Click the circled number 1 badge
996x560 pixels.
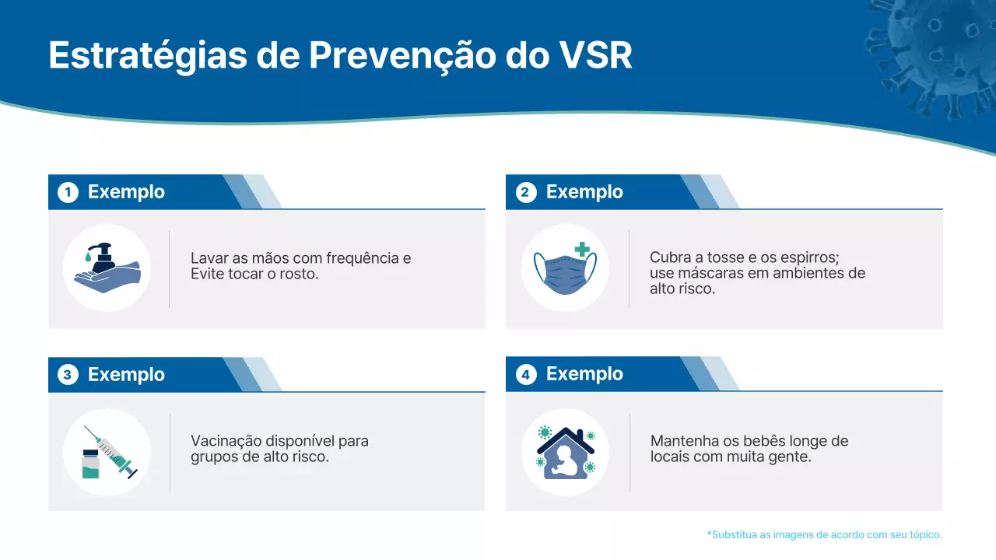(68, 192)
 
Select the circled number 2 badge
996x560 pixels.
(526, 192)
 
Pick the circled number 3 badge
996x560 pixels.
(68, 375)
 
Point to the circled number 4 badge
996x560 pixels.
(526, 375)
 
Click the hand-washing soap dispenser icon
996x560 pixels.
(107, 268)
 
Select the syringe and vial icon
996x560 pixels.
(107, 452)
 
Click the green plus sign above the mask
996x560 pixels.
(582, 250)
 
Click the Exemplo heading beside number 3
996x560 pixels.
(126, 375)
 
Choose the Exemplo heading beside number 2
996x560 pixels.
(584, 192)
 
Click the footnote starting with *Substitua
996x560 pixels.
(824, 534)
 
